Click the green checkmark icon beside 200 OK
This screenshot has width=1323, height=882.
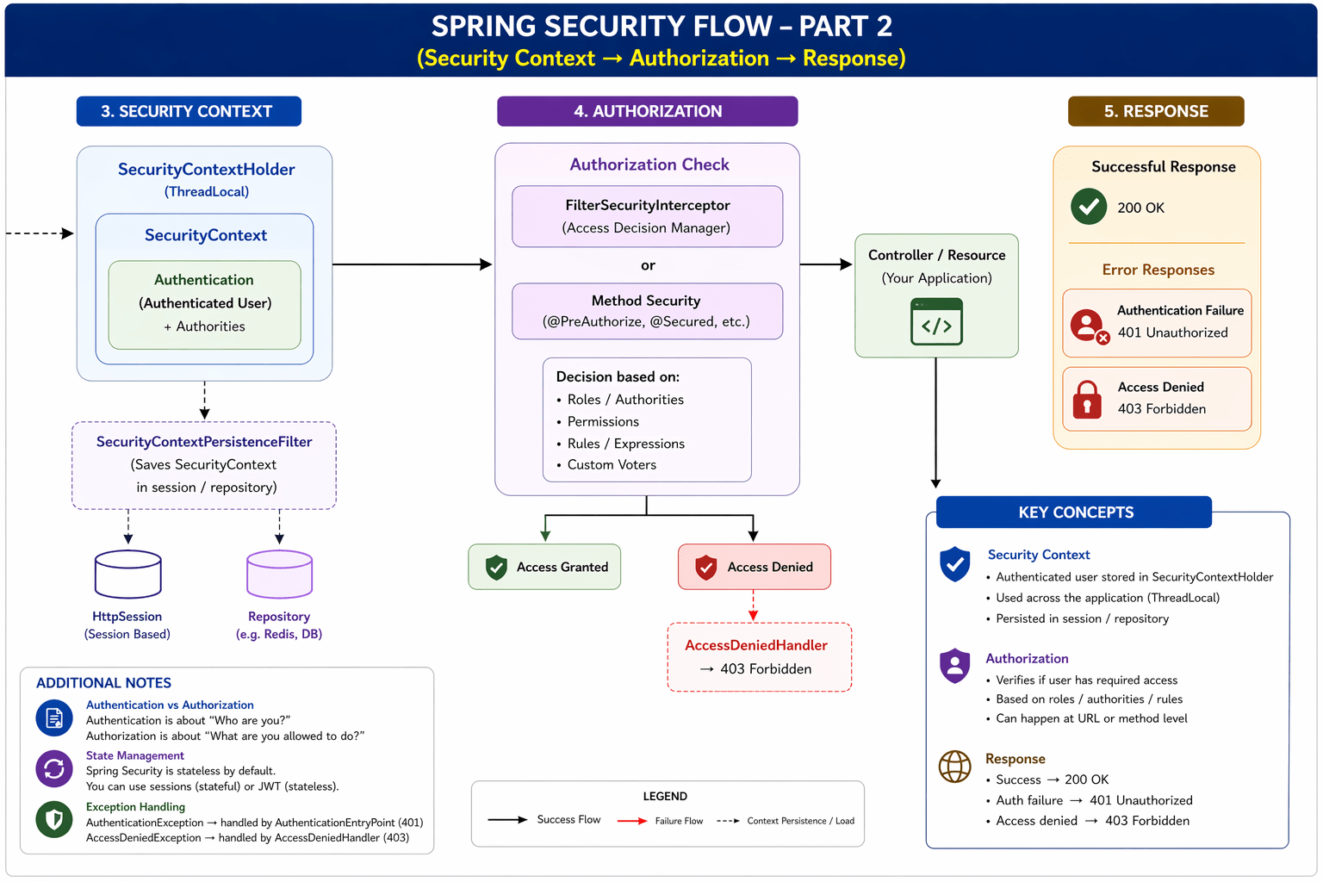click(x=1089, y=207)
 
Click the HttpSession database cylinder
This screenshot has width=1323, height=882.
click(x=127, y=575)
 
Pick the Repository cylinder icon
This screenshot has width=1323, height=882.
click(x=279, y=575)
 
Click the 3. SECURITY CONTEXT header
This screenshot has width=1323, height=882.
click(x=189, y=111)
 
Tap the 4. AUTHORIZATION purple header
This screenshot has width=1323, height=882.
click(x=647, y=111)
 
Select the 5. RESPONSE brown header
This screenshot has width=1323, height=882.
click(x=1156, y=111)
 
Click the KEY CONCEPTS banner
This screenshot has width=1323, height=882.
click(x=1074, y=512)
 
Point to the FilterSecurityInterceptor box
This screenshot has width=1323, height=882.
click(x=647, y=216)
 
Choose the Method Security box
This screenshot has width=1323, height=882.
click(x=647, y=311)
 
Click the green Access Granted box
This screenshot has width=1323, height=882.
click(x=544, y=567)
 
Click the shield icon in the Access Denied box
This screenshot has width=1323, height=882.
click(x=706, y=567)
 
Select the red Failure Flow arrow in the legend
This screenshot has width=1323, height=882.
click(x=632, y=821)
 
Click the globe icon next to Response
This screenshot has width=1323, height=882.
click(x=954, y=766)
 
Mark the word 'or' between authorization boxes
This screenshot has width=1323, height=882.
click(x=648, y=265)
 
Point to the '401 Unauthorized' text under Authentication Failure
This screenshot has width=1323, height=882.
click(x=1172, y=332)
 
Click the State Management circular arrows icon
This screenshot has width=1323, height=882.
click(x=54, y=768)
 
